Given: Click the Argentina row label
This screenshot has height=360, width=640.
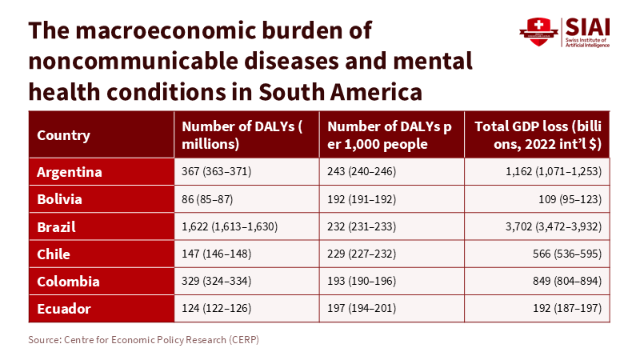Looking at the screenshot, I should point(70,171).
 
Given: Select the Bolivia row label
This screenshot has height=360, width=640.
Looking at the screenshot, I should point(60,198).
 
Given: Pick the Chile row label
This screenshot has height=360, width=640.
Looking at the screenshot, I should point(54,254).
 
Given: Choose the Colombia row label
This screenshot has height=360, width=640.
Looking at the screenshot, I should point(68,282).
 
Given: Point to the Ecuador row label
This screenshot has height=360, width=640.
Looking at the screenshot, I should point(64,309).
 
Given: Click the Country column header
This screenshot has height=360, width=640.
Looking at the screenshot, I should point(63,135).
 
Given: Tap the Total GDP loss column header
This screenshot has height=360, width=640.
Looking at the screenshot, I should point(538,135).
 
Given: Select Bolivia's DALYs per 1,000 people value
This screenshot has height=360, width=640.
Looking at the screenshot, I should point(362,198).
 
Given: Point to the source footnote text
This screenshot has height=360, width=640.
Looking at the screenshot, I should point(144,340).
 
